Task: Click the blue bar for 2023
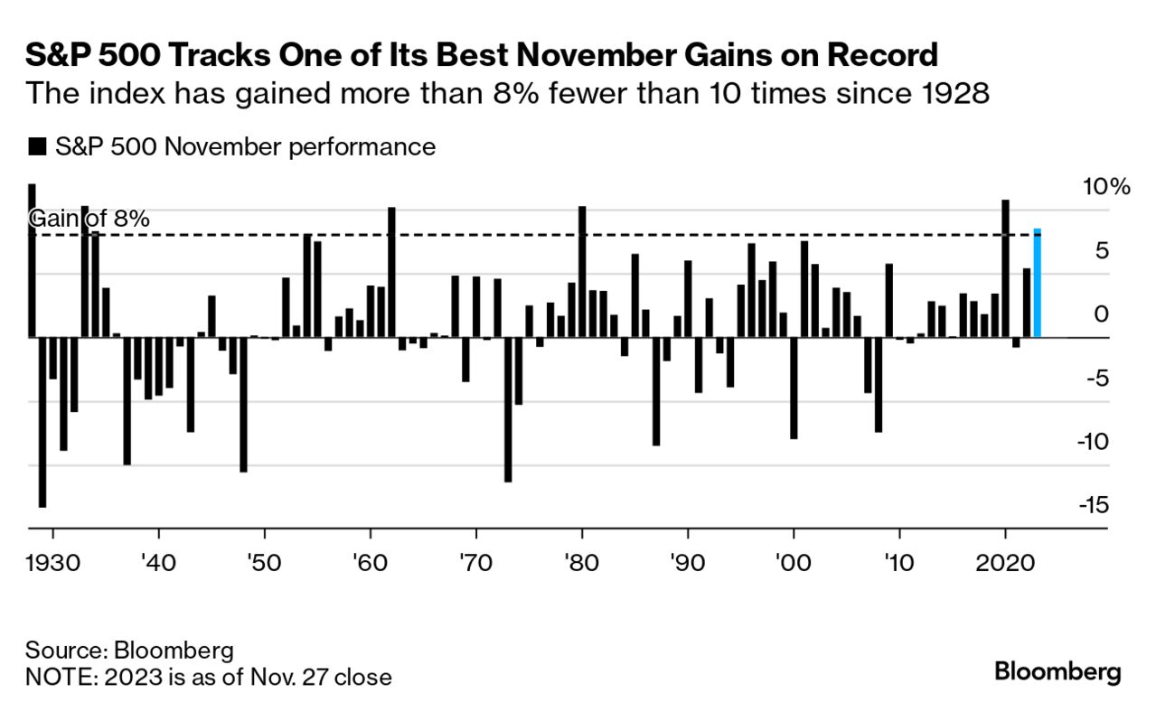[1037, 284]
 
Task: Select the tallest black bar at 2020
[1005, 268]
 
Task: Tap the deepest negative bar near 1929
[42, 422]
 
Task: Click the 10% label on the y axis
[1105, 188]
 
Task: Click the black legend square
[36, 147]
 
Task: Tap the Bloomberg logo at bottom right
[1057, 672]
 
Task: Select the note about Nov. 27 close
[208, 677]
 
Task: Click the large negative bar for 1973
[508, 409]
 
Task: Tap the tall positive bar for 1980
[582, 272]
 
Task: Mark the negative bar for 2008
[878, 385]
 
